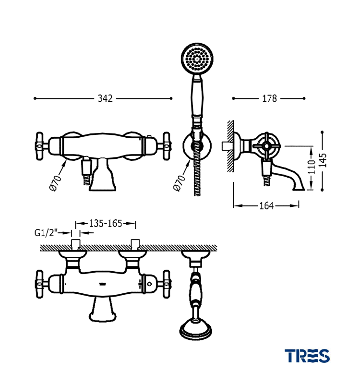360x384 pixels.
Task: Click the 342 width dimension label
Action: click(x=105, y=98)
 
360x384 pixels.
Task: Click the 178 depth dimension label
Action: click(x=269, y=98)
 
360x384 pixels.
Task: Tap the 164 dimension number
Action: click(x=266, y=206)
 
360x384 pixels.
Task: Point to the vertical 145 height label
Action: click(x=323, y=160)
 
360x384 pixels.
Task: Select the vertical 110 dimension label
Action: click(x=312, y=167)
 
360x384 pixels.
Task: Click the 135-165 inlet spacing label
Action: click(x=105, y=223)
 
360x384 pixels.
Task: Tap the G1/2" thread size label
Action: click(x=46, y=233)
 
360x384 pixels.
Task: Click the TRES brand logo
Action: click(x=307, y=356)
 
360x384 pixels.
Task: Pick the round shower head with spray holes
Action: click(x=197, y=59)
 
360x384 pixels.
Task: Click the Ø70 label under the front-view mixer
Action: click(x=55, y=183)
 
